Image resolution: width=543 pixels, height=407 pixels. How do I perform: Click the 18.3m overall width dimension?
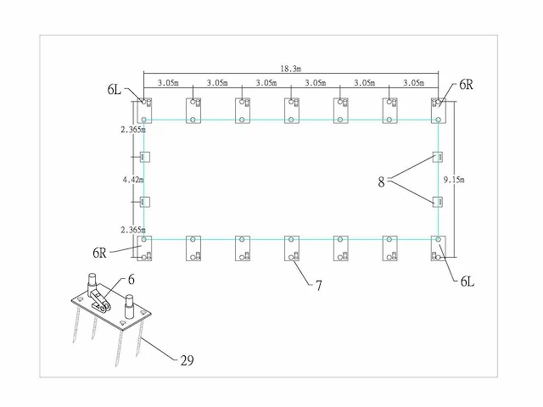[291, 69]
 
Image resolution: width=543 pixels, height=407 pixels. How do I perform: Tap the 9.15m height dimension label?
[454, 180]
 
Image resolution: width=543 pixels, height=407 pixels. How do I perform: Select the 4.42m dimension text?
[133, 180]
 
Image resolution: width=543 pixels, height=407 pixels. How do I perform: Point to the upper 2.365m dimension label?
[133, 130]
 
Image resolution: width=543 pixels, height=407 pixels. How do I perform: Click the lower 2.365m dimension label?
[133, 230]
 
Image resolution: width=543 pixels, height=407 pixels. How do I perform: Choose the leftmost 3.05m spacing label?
[168, 83]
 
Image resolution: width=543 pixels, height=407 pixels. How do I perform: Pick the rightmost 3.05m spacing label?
[414, 83]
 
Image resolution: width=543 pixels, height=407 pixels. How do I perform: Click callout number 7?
[319, 286]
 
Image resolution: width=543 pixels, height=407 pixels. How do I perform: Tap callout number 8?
[381, 181]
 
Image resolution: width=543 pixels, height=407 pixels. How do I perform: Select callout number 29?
[187, 360]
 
